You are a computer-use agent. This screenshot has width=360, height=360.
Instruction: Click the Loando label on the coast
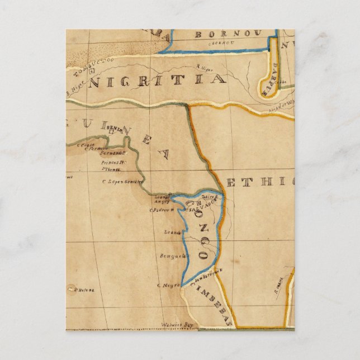172,231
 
